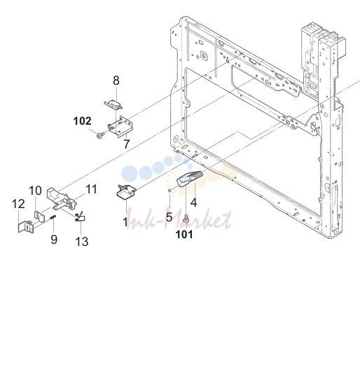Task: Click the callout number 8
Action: [116, 81]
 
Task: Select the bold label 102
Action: [83, 121]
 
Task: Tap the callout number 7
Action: [126, 144]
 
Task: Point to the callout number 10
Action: [35, 191]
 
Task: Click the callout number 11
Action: [91, 189]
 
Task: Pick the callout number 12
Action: [18, 204]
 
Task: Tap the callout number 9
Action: [54, 239]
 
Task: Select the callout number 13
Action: [82, 242]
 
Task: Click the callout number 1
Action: [125, 222]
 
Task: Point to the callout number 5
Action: [169, 217]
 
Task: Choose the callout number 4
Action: [193, 203]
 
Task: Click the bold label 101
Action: [184, 234]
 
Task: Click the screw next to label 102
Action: [100, 135]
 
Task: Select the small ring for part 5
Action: [169, 191]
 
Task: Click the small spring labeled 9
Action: [53, 217]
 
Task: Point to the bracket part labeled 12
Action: [26, 226]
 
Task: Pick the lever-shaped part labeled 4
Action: [190, 179]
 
